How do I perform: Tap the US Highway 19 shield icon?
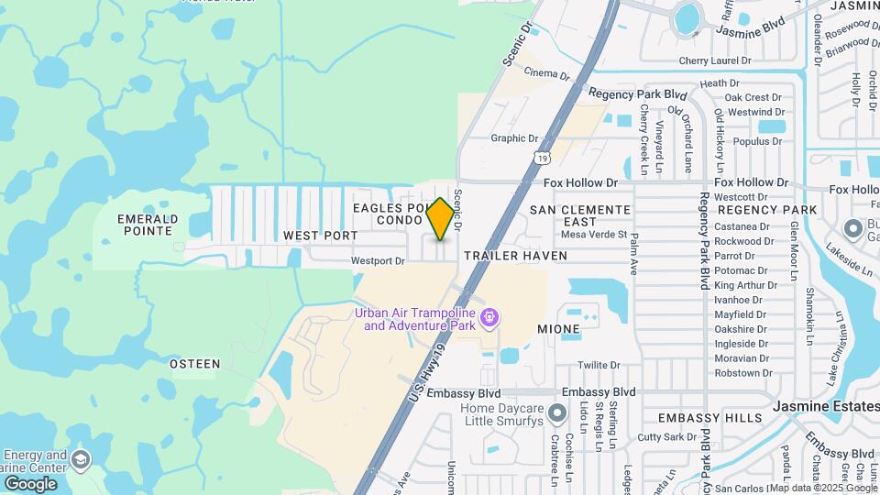(544, 159)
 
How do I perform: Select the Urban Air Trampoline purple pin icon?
(490, 318)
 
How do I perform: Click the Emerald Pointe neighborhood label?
(148, 225)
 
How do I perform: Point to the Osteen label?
(195, 364)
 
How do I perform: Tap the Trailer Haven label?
(515, 255)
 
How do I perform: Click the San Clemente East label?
(581, 215)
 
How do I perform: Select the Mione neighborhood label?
(558, 328)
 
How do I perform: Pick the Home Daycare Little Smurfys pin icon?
(556, 414)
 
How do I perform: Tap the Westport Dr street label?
(378, 261)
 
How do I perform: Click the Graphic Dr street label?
(514, 138)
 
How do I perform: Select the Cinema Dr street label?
(547, 73)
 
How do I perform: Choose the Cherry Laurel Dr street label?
(715, 61)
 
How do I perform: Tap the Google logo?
(30, 483)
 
